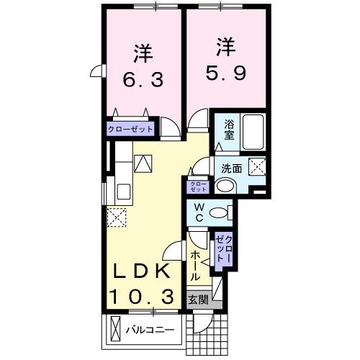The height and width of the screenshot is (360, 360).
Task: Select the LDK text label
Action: tap(141, 271)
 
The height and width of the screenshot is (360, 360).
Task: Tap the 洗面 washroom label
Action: tap(231, 168)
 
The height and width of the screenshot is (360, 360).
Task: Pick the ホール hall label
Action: tap(195, 266)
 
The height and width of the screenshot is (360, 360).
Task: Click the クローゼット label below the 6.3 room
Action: tap(130, 130)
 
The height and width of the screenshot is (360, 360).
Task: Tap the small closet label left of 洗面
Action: tap(197, 186)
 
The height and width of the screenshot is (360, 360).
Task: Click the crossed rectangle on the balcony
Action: tap(116, 330)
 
